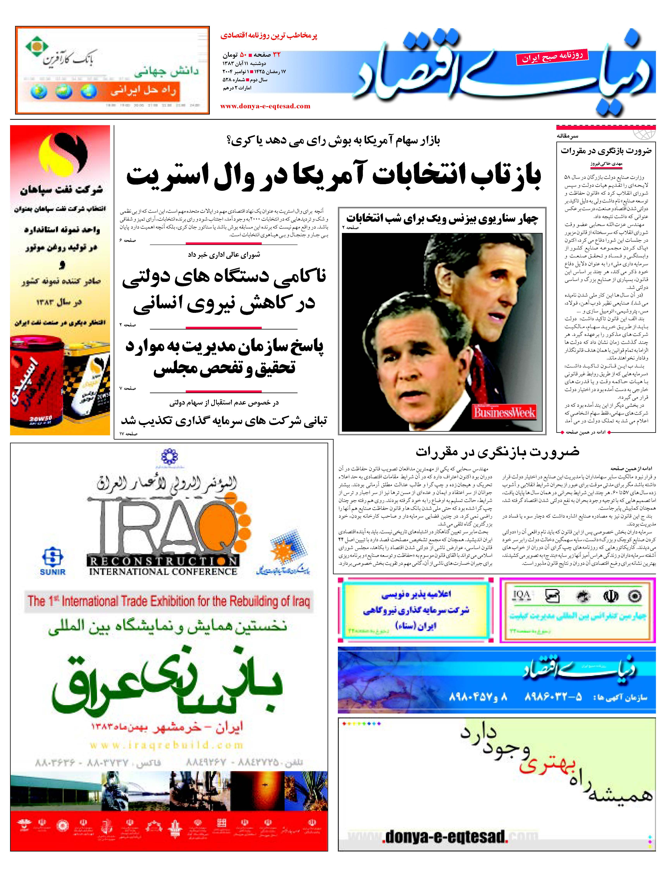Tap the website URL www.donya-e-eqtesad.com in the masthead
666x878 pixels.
point(265,106)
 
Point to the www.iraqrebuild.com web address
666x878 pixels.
point(166,745)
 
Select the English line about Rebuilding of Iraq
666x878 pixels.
point(169,601)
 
